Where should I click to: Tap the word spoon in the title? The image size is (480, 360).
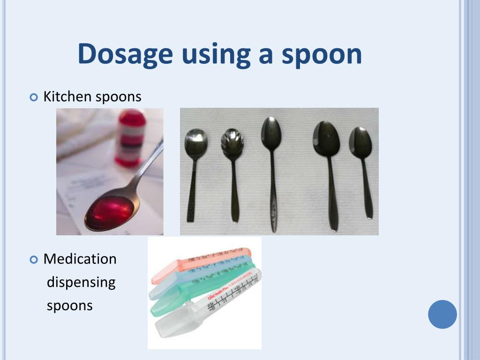coord(322,54)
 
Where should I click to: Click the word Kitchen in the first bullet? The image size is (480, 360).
coord(67,97)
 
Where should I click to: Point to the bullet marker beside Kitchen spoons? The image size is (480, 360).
coord(33,97)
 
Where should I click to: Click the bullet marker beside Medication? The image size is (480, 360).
coord(33,259)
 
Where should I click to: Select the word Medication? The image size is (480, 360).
coord(80,259)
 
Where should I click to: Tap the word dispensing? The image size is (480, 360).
coord(81,282)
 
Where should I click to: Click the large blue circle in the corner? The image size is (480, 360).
coord(442,314)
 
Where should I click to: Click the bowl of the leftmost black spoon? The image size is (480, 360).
coord(196,139)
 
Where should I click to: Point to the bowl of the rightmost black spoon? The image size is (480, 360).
coord(360,141)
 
